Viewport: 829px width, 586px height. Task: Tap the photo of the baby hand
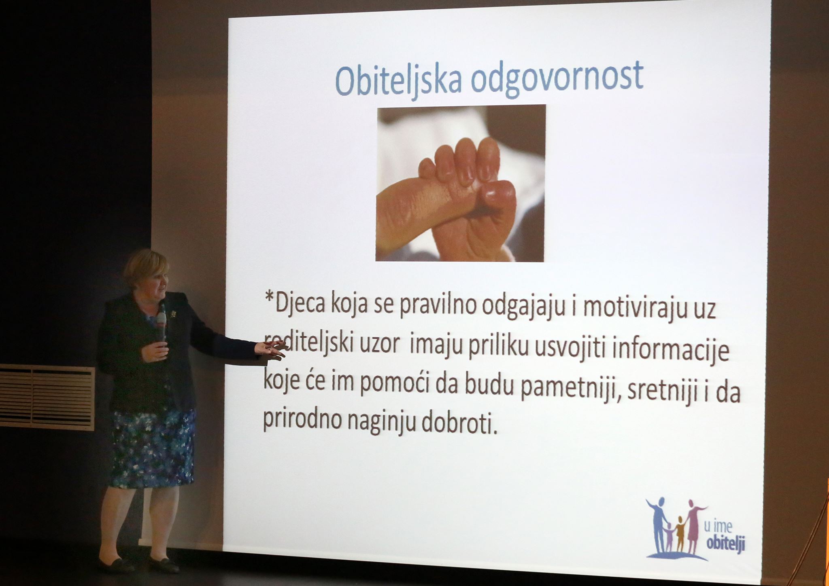tap(461, 183)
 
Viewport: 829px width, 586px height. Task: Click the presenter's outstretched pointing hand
tap(272, 349)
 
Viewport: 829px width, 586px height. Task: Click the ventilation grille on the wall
tap(47, 397)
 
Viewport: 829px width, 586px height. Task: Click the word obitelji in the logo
tap(725, 544)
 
